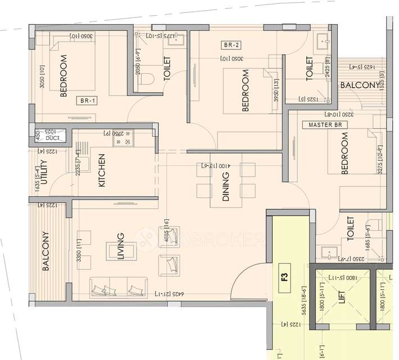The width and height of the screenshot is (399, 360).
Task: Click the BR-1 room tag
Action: tap(87, 102)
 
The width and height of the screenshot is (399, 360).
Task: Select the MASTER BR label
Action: tap(321, 124)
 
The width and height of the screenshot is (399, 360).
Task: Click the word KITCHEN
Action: tap(102, 170)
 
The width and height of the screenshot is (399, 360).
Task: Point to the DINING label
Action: tap(226, 186)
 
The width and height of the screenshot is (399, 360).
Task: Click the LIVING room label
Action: tap(120, 247)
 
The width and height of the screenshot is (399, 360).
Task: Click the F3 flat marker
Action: tap(284, 276)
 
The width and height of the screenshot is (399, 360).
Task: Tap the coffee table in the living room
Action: tap(121, 251)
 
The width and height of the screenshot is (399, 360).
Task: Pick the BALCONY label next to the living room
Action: tap(46, 251)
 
